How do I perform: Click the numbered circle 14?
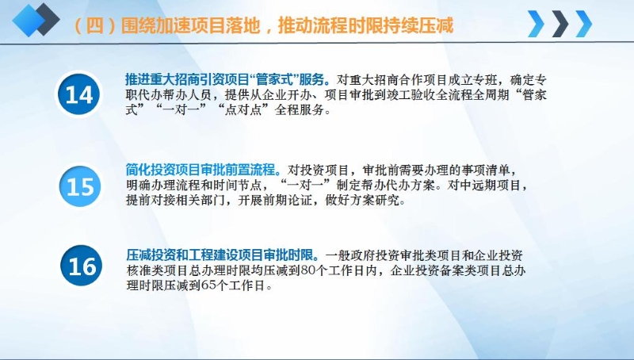tap(78, 94)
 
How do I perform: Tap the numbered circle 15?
tap(80, 186)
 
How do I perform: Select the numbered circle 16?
tap(82, 266)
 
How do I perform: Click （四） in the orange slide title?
tap(95, 26)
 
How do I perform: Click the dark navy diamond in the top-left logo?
tap(44, 18)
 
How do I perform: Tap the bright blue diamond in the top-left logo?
tap(27, 21)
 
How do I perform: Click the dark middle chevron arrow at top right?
tap(560, 24)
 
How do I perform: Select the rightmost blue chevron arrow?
tap(583, 24)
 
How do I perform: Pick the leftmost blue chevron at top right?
tap(537, 24)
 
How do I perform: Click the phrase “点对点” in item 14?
tap(243, 109)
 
